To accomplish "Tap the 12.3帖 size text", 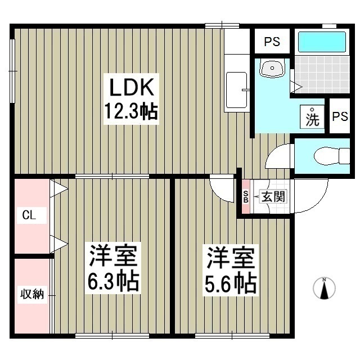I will [130, 112].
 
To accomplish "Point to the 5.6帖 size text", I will [231, 283].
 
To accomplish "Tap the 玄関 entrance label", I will [273, 196].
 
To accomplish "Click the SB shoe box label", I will [245, 196].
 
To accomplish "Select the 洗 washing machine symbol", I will [312, 118].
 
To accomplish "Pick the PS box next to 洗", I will [339, 116].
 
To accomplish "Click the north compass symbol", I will [324, 288].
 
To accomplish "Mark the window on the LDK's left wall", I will [13, 70].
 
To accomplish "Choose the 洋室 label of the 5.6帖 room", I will [231, 259].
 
